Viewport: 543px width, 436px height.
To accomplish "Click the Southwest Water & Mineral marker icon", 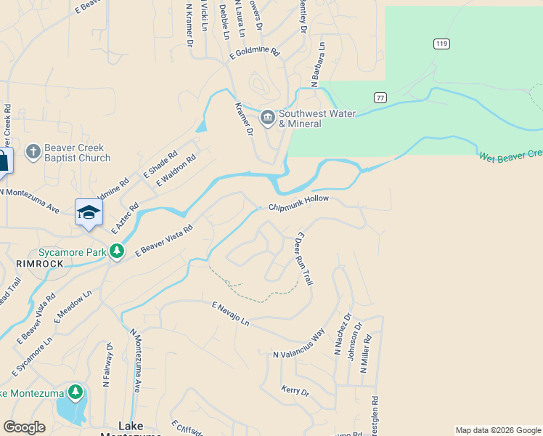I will point(268,117).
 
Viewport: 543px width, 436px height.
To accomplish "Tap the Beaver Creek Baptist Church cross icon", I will point(32,152).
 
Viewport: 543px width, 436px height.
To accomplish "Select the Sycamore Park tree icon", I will point(117,251).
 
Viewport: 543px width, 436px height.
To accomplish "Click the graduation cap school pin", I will point(89,211).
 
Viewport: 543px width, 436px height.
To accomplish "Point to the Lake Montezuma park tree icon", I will point(75,393).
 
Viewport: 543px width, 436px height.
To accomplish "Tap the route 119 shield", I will point(441,44).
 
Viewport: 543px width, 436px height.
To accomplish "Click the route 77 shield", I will point(380,97).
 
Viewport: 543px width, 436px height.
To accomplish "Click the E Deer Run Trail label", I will point(303,259).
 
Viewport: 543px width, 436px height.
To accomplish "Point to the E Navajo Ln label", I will point(230,313).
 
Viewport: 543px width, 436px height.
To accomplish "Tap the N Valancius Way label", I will point(298,344).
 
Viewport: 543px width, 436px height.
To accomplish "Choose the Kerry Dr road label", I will point(295,391).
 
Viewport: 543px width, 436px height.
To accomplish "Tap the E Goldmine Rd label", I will point(254,53).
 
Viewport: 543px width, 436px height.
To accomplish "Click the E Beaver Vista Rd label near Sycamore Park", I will point(164,239).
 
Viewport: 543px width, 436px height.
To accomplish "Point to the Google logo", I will point(25,427).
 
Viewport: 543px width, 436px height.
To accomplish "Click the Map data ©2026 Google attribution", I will point(497,430).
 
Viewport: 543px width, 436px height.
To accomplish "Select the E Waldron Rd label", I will point(176,171).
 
